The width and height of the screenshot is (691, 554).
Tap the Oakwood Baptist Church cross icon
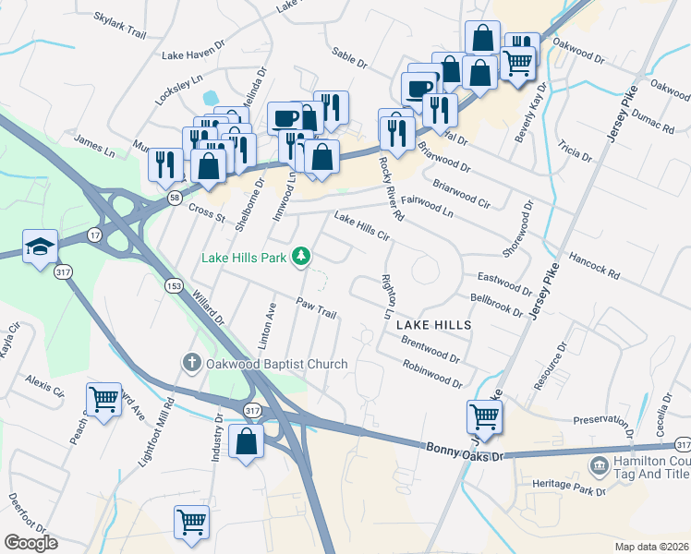tap(191, 363)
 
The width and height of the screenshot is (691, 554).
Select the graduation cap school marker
tap(41, 247)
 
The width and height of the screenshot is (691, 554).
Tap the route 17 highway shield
tap(95, 236)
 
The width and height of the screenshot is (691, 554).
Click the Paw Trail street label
tap(315, 307)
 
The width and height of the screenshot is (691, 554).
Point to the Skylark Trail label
tap(121, 25)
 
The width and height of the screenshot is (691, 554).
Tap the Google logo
tap(30, 543)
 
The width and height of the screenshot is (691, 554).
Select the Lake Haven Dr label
tap(194, 54)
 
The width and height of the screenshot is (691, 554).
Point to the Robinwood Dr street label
tap(431, 374)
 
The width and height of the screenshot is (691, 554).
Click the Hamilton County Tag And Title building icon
tap(599, 465)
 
